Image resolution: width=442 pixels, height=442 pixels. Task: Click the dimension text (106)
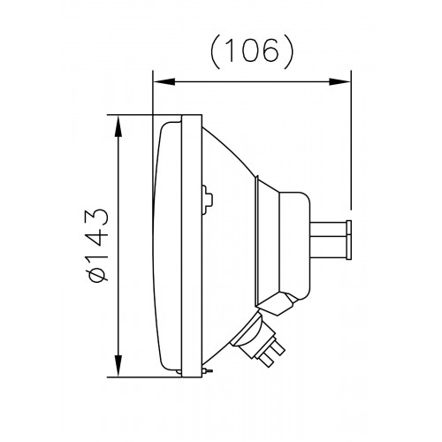click(x=252, y=52)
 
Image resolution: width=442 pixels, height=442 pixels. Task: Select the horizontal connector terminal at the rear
click(x=331, y=239)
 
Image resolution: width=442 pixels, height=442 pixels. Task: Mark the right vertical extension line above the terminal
click(x=352, y=141)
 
